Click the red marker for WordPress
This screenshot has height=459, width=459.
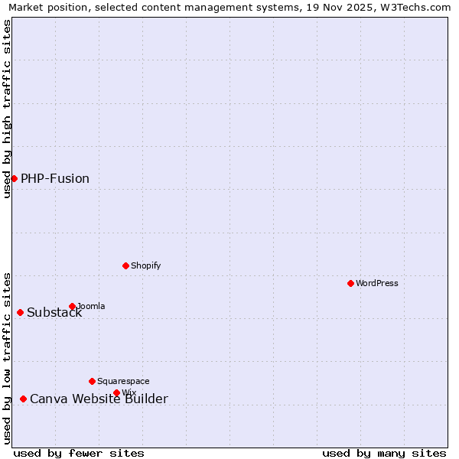click(x=350, y=283)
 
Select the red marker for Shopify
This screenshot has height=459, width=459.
click(x=125, y=265)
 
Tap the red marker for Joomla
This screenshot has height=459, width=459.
click(x=72, y=306)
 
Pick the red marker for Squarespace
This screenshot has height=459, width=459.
click(x=92, y=381)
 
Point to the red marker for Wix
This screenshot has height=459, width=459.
click(x=116, y=392)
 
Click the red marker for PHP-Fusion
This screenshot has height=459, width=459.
click(x=14, y=178)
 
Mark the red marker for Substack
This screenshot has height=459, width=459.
click(x=20, y=312)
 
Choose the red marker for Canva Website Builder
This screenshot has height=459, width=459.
click(x=23, y=399)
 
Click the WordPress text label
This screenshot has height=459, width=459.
click(x=377, y=283)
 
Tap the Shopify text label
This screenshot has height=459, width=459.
click(x=146, y=265)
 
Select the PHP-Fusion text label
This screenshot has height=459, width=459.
click(x=55, y=178)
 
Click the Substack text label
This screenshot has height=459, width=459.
click(x=54, y=312)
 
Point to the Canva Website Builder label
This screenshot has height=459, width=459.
click(x=99, y=399)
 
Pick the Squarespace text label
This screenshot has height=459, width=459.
click(x=123, y=381)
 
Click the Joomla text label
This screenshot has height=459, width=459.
click(x=91, y=306)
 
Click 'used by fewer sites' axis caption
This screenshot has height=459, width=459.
click(x=79, y=453)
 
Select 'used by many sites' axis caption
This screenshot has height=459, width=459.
click(x=384, y=453)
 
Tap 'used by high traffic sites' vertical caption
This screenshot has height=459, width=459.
click(x=7, y=109)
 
